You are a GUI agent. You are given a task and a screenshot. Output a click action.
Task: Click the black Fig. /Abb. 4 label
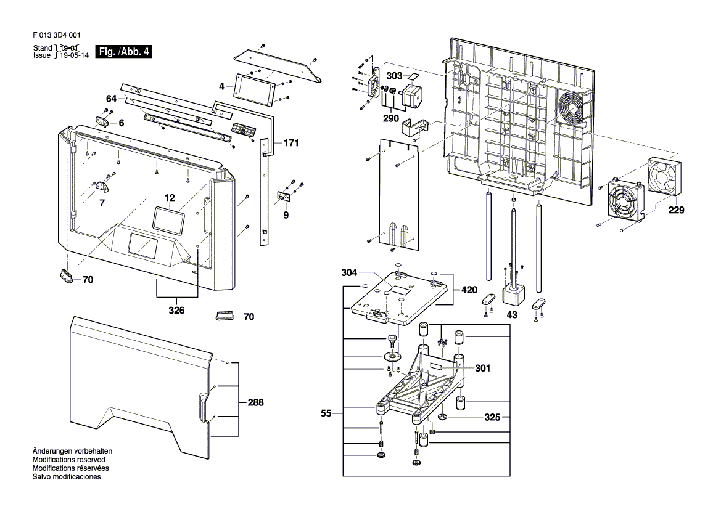click(x=123, y=51)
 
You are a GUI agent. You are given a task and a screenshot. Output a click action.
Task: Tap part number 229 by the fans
click(x=676, y=210)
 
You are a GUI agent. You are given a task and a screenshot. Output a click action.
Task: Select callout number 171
click(x=291, y=143)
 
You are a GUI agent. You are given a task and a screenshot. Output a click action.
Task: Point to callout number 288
click(x=256, y=402)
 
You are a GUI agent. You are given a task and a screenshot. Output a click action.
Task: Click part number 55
click(x=326, y=413)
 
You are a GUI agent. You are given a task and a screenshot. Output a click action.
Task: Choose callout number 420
click(x=469, y=290)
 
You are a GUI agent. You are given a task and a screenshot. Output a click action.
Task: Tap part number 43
click(x=512, y=315)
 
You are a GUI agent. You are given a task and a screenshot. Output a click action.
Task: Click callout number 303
click(x=394, y=76)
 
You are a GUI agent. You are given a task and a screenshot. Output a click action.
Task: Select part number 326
click(x=176, y=311)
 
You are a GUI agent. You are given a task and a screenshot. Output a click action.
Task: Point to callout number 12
click(x=170, y=198)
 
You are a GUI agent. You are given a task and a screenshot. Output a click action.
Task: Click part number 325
click(x=492, y=417)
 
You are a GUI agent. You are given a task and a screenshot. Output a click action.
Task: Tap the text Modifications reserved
click(x=69, y=459)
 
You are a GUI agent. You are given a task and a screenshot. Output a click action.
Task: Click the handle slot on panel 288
click(x=202, y=407)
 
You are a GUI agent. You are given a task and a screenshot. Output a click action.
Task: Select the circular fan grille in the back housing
click(x=570, y=108)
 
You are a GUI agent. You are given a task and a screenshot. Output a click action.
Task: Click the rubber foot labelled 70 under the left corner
click(x=67, y=275)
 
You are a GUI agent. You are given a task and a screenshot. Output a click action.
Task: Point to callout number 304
click(x=349, y=273)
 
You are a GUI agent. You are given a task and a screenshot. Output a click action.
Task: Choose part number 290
click(x=391, y=118)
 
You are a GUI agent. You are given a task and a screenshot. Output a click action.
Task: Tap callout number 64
click(x=111, y=99)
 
